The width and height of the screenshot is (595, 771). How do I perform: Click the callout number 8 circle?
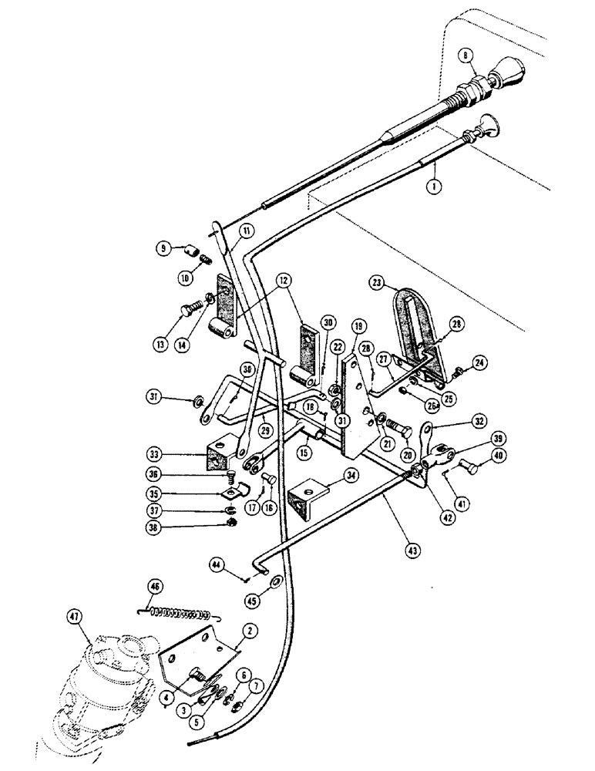(465, 55)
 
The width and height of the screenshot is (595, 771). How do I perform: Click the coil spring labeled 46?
(179, 614)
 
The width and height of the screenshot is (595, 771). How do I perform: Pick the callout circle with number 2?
(249, 630)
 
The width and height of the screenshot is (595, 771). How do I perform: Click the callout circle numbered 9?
(165, 248)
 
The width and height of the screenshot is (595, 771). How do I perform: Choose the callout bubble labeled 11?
(246, 230)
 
